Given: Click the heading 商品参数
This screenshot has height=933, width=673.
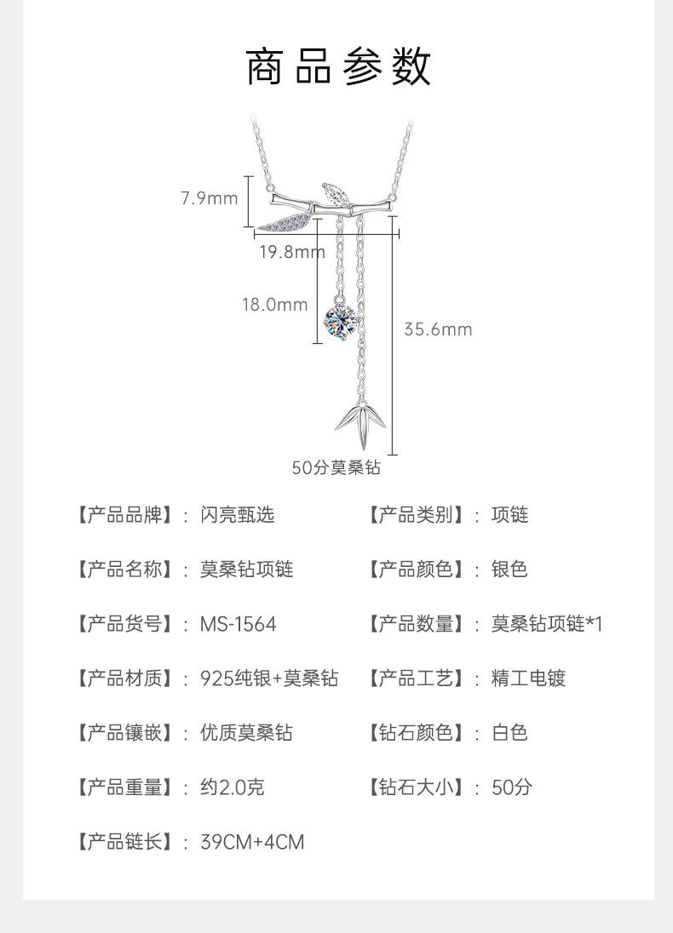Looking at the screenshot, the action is pyautogui.click(x=338, y=68).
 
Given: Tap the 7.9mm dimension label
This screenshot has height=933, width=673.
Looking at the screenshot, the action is pyautogui.click(x=209, y=198).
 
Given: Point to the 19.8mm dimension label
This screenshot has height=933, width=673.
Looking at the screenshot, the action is pyautogui.click(x=292, y=251).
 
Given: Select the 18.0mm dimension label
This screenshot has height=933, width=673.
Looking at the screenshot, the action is pyautogui.click(x=274, y=304).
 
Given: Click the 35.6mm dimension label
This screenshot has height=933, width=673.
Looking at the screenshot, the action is pyautogui.click(x=437, y=329).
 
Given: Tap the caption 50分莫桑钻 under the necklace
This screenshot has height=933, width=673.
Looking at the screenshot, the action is pyautogui.click(x=336, y=467).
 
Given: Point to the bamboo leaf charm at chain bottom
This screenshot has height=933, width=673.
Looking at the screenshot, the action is pyautogui.click(x=361, y=423).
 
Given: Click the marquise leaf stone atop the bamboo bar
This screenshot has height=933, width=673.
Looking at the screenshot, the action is pyautogui.click(x=337, y=194).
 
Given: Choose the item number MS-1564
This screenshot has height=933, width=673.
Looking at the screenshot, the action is pyautogui.click(x=238, y=624).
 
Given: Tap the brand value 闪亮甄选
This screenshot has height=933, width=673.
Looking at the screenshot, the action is pyautogui.click(x=238, y=515).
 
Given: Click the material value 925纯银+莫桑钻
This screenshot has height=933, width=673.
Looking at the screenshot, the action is pyautogui.click(x=268, y=678).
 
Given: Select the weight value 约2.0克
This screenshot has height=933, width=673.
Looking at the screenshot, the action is pyautogui.click(x=232, y=787).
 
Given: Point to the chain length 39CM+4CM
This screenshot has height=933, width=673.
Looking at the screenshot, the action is pyautogui.click(x=251, y=842).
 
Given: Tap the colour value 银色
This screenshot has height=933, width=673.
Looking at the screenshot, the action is pyautogui.click(x=509, y=570).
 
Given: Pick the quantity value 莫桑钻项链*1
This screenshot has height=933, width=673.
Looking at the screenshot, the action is pyautogui.click(x=546, y=624).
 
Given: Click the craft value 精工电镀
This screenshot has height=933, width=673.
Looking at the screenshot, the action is pyautogui.click(x=528, y=678).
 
